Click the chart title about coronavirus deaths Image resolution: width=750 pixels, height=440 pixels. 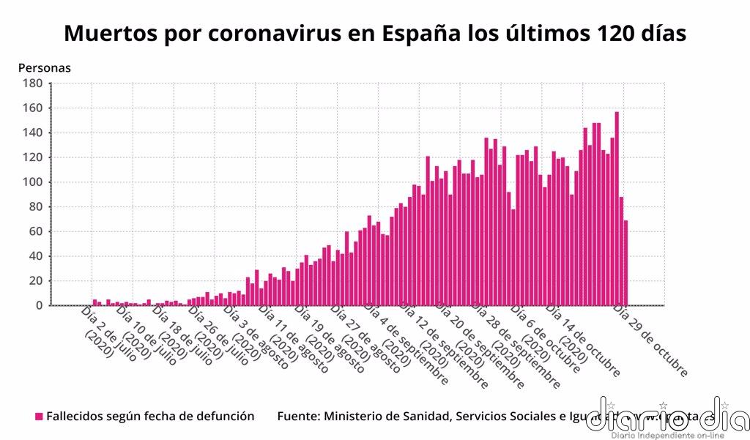point(375,34)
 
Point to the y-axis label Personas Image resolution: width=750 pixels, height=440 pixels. point(44,68)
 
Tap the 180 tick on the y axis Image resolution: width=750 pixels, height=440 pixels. point(32,83)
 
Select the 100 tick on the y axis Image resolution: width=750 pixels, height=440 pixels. point(32,182)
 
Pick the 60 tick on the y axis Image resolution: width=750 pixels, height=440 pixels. point(35,231)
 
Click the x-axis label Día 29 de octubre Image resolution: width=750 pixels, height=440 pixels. point(650,341)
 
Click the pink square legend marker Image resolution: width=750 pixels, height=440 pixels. point(39,417)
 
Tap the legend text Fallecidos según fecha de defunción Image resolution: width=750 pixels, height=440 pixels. point(150,417)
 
